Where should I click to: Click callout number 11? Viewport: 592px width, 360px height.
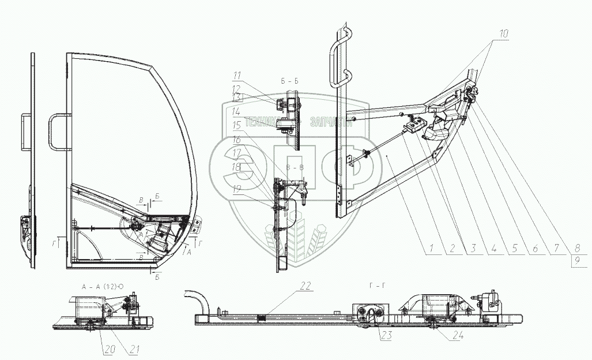point(238,75)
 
